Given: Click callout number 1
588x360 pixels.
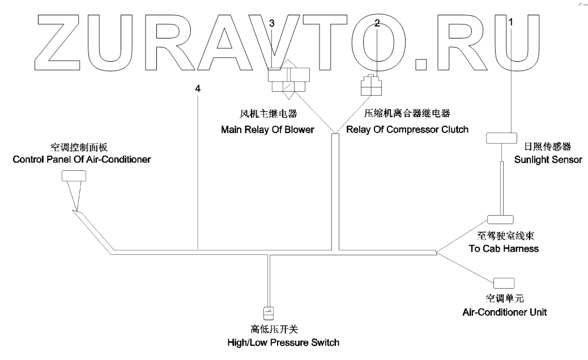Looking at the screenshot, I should tap(512, 23).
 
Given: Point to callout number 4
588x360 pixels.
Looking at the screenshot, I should tap(197, 88).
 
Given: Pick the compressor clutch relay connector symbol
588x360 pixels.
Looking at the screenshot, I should tap(371, 87).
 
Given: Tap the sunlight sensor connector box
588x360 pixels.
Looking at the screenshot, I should tap(502, 139).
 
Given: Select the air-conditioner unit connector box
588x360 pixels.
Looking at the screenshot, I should tap(504, 282).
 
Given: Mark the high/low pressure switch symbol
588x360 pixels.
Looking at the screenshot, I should tap(270, 312).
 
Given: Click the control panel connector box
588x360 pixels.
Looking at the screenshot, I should tap(74, 177).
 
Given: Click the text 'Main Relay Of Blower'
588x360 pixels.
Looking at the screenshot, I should tap(267, 130).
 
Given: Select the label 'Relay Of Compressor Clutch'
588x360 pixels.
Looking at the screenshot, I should tap(407, 130).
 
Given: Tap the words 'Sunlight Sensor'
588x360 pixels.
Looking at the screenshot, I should tap(548, 160).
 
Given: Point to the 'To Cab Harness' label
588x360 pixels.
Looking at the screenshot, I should tap(504, 248).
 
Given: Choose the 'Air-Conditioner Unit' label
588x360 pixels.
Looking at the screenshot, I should tap(505, 312).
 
